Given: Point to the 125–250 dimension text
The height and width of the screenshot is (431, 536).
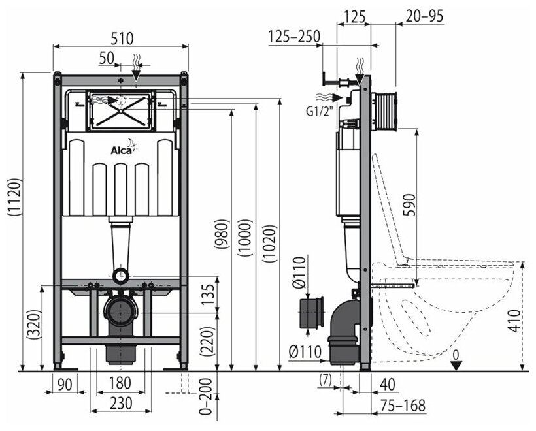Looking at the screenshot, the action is [x=294, y=37].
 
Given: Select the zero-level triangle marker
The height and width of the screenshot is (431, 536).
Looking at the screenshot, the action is [x=456, y=364].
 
